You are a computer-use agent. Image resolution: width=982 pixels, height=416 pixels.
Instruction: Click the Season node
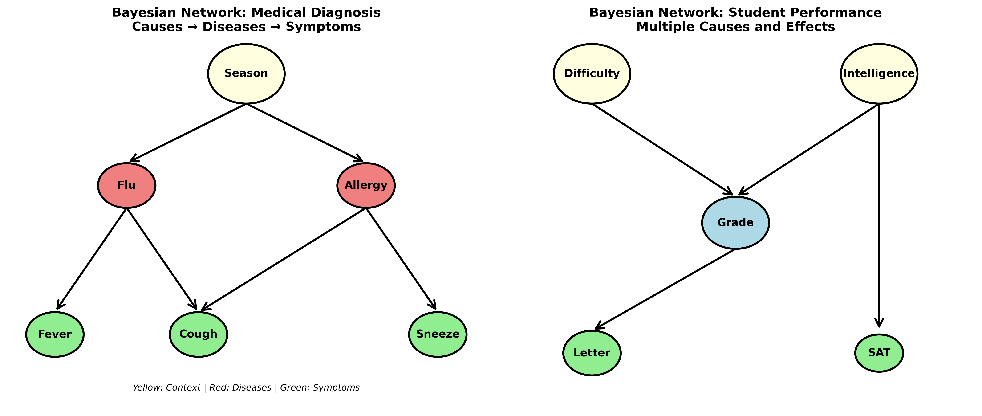point(246,73)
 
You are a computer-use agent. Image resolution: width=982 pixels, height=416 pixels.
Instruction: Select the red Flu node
point(126,185)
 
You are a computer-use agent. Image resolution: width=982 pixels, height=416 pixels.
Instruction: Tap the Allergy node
point(366,185)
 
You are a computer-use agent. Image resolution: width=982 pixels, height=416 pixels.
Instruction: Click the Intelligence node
point(879,73)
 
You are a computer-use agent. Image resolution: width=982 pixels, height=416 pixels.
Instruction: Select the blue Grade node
point(735,223)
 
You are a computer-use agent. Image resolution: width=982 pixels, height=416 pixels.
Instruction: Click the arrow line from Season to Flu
point(189,132)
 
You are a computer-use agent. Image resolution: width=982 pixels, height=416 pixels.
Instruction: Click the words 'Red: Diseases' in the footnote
point(240,388)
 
